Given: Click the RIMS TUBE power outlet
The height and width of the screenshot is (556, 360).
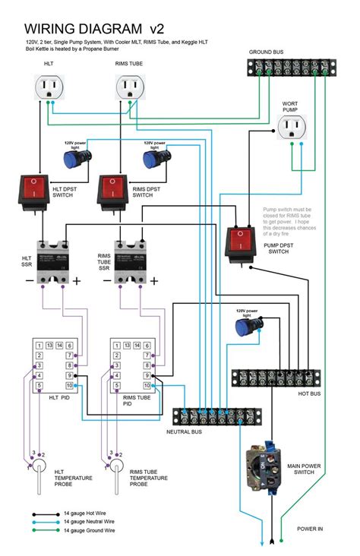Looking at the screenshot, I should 130,89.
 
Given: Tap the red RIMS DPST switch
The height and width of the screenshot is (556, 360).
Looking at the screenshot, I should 113,190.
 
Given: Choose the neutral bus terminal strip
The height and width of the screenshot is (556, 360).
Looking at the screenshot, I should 216,416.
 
